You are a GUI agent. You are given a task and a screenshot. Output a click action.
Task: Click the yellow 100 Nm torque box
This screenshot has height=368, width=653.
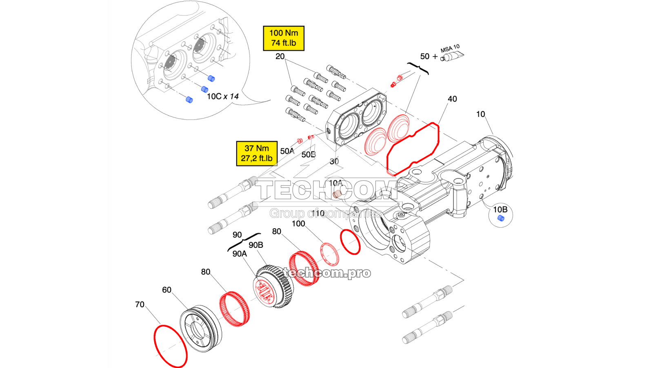[x=284, y=38]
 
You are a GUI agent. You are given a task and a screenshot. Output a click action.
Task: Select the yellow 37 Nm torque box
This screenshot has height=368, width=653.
[x=257, y=153]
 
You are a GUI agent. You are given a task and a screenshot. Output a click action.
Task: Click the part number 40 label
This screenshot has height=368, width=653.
[x=452, y=99]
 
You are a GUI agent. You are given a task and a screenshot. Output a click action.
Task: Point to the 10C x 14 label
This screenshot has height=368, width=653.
[x=222, y=96]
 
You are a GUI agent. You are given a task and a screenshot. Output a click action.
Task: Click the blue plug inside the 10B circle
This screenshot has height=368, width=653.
[x=501, y=218]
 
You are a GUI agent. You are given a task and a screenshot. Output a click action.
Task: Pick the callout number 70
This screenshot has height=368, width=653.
[x=140, y=305]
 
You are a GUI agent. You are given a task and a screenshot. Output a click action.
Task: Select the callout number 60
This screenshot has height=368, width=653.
[x=167, y=290]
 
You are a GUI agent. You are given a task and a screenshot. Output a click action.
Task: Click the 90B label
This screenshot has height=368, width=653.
[x=256, y=245]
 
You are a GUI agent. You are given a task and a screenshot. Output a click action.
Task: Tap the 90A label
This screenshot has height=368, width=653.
[x=240, y=254]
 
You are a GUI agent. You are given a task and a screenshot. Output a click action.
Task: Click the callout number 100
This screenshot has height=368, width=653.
[x=298, y=224]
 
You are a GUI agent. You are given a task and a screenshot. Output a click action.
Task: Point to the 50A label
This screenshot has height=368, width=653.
[x=287, y=151]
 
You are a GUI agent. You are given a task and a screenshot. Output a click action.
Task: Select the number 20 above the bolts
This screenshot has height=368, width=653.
[x=280, y=56]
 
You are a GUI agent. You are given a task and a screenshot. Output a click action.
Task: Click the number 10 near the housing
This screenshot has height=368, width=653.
[x=481, y=114]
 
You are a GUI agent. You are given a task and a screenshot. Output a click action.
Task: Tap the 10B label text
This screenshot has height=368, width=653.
[x=500, y=210]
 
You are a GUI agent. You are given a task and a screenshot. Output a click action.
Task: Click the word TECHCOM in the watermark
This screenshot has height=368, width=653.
[x=326, y=191]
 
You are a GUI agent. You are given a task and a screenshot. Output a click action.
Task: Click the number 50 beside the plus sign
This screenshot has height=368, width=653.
[x=425, y=56]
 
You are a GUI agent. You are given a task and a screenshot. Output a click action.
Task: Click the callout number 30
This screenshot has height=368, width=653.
[x=334, y=162]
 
